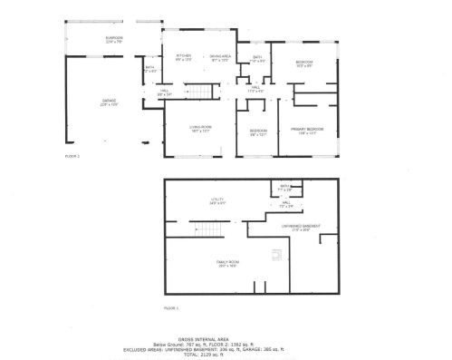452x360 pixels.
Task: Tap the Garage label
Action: tap(109, 102)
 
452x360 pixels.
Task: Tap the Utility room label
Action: tap(218, 199)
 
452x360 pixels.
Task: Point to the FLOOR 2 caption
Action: tap(72, 156)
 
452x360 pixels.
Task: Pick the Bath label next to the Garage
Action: tap(149, 68)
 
